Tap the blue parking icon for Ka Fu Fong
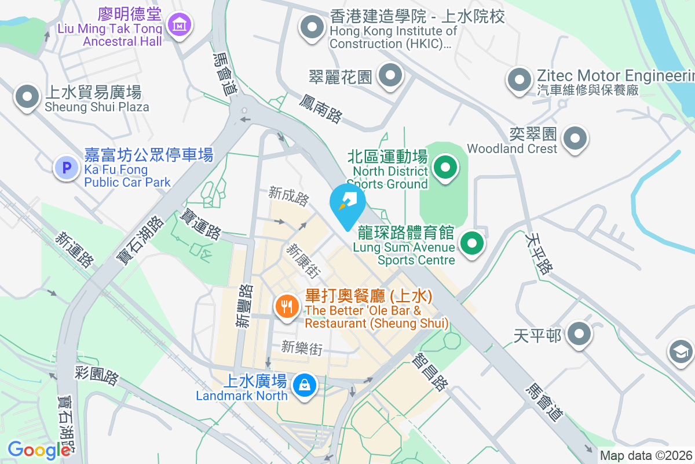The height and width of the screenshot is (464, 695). click(66, 168)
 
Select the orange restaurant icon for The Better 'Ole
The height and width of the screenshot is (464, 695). click(287, 306)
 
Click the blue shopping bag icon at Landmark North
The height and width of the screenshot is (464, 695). click(303, 385)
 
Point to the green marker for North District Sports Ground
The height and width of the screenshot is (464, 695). click(445, 168)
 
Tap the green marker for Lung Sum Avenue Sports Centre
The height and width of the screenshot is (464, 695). click(473, 243)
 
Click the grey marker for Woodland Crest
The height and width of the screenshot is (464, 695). click(575, 138)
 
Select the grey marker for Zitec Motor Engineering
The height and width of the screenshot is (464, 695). click(520, 79)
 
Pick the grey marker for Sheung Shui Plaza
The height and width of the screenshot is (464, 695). click(27, 97)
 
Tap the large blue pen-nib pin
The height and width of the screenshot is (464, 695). click(348, 205)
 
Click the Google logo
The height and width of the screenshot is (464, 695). click(39, 450)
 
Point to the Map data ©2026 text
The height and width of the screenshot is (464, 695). click(646, 456)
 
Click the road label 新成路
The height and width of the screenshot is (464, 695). click(288, 195)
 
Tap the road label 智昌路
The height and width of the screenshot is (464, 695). click(430, 374)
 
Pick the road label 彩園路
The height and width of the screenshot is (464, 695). click(97, 375)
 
